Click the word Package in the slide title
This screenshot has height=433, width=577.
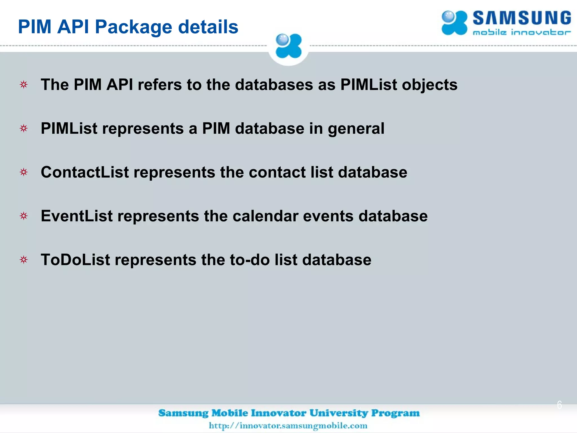coord(133,27)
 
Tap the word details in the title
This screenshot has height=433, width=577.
coord(208,27)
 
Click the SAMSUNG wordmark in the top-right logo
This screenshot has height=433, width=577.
coord(521,18)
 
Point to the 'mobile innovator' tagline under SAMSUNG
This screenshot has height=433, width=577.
coord(521,32)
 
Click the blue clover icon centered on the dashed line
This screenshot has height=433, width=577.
coord(288,46)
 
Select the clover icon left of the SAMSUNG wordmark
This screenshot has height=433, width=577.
coord(454,23)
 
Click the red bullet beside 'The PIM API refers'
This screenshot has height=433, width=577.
coord(24,85)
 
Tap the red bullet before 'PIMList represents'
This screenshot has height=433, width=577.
coord(24,129)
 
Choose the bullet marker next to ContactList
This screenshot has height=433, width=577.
coord(24,172)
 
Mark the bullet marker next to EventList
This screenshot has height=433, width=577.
coord(24,216)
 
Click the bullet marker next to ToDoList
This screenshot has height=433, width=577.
coord(24,260)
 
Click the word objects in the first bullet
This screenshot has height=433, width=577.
coord(430,85)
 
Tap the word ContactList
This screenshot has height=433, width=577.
coord(85,172)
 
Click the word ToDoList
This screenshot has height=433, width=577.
coord(75,260)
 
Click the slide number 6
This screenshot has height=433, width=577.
coord(559,405)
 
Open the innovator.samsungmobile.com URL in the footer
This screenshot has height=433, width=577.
coord(288,425)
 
